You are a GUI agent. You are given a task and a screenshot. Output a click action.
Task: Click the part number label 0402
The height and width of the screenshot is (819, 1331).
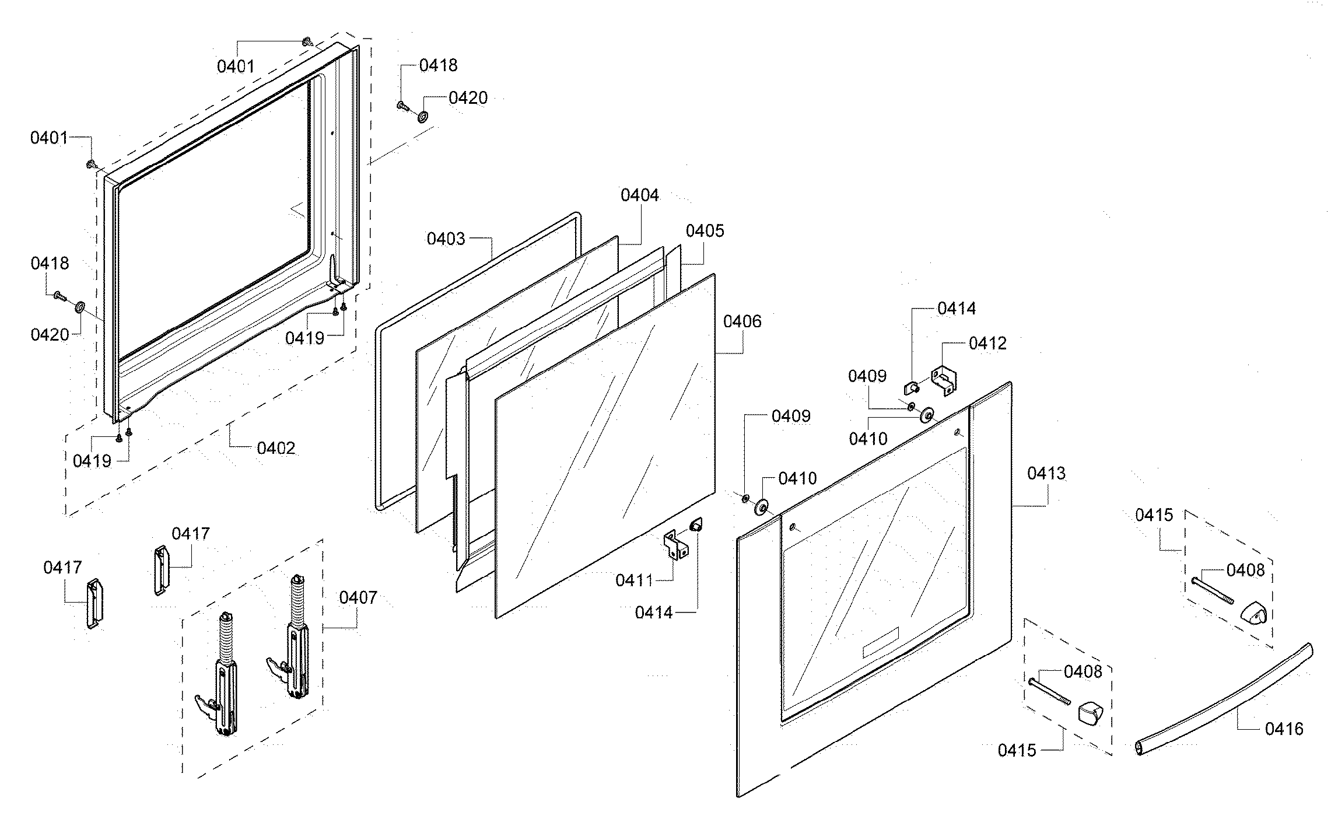(276, 448)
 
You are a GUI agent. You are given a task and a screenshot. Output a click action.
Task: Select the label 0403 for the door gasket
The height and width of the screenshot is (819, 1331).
(446, 239)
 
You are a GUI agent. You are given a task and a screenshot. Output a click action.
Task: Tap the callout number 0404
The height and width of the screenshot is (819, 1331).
(639, 195)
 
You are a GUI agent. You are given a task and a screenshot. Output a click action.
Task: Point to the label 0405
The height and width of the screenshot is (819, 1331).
(705, 231)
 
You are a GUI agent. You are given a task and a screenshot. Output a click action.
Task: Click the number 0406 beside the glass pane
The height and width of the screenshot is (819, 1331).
(742, 321)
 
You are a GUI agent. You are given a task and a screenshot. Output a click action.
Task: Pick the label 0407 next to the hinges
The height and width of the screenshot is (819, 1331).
(358, 597)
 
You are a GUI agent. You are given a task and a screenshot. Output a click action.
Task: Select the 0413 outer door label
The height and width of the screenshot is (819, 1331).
(1046, 473)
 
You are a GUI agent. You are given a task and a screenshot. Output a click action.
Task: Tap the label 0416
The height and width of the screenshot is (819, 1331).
(1284, 729)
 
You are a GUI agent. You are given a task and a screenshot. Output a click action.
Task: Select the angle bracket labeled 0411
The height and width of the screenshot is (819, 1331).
(675, 545)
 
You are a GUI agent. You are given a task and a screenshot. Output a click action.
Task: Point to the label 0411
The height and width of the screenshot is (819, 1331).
(634, 580)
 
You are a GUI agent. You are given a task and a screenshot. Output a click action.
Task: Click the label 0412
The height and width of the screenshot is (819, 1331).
(987, 343)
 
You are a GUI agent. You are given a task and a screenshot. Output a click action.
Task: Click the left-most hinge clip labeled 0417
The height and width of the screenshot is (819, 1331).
(94, 603)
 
